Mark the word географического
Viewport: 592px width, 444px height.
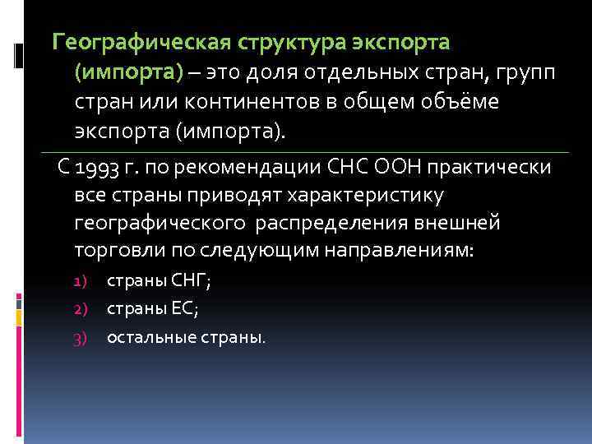tap(160, 224)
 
